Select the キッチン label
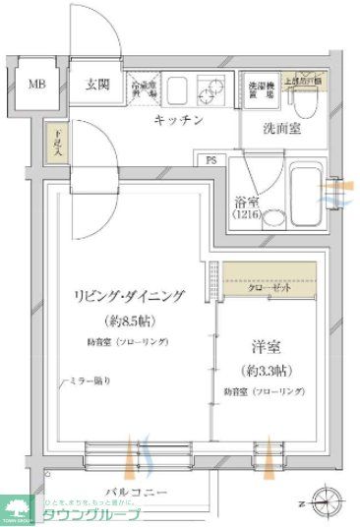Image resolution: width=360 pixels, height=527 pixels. [x=178, y=120]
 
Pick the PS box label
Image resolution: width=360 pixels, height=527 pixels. [x=210, y=158]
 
